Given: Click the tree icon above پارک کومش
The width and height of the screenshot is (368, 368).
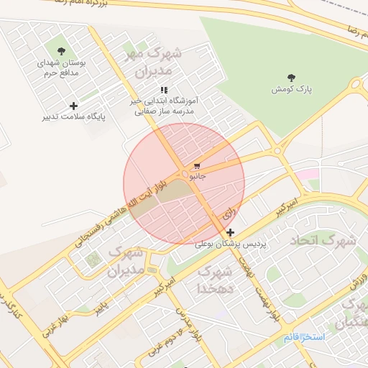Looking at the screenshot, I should pos(291,78).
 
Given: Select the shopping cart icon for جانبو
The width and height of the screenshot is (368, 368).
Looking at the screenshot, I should pos(197,165).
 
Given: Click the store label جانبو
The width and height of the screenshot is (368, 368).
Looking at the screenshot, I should pos(197,175).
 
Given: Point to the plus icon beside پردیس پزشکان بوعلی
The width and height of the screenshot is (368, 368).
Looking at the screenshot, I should pos(230,232).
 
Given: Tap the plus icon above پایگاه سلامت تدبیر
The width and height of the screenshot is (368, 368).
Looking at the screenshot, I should pos(73,106).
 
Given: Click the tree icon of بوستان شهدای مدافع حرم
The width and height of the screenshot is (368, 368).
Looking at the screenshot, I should pos(60,51).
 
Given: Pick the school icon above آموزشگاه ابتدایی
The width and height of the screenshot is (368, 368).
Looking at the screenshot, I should pos(164,91).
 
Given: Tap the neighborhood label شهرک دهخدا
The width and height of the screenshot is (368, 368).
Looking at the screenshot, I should pos(215,280).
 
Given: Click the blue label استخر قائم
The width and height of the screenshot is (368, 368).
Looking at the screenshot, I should pos(303,337).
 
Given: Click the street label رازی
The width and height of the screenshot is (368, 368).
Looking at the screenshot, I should pos(229,213).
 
